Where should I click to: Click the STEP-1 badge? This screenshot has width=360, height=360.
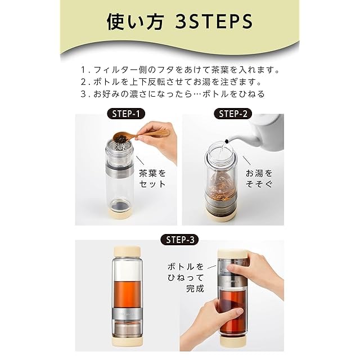point(126,114)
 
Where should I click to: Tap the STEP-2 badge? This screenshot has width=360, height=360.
point(233,114)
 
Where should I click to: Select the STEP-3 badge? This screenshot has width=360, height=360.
point(180,240)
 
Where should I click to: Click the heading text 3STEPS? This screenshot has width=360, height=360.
point(214,22)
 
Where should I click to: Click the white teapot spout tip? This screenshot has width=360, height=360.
point(227,141)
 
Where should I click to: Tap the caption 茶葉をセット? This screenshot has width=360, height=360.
point(152,179)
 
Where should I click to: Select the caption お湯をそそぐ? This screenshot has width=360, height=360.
point(259,179)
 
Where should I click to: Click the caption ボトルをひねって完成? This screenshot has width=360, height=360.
point(186,277)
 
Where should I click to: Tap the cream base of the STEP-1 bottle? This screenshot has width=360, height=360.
point(120,213)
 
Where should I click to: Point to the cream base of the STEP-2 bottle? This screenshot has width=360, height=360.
point(220,215)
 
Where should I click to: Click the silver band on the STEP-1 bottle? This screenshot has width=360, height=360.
point(120,170)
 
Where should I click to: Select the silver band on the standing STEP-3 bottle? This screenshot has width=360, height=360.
point(128,314)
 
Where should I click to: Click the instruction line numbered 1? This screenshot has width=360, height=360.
point(180,70)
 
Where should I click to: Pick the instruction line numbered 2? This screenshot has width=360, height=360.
point(171,82)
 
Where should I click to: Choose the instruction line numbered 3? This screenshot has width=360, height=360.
point(173,94)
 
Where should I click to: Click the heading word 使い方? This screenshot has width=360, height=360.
point(135,22)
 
